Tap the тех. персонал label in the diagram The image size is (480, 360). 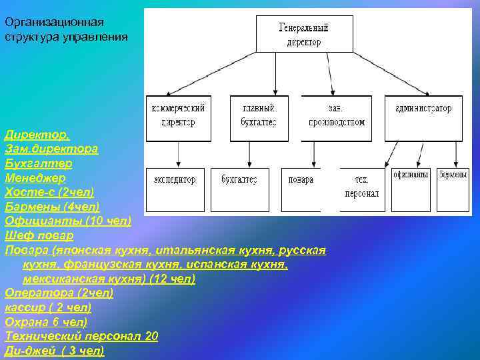[362, 187]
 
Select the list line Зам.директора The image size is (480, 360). [51, 149]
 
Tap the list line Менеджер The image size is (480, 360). [35, 178]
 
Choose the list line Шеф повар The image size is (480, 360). [39, 235]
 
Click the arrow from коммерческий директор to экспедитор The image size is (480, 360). [178, 153]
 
